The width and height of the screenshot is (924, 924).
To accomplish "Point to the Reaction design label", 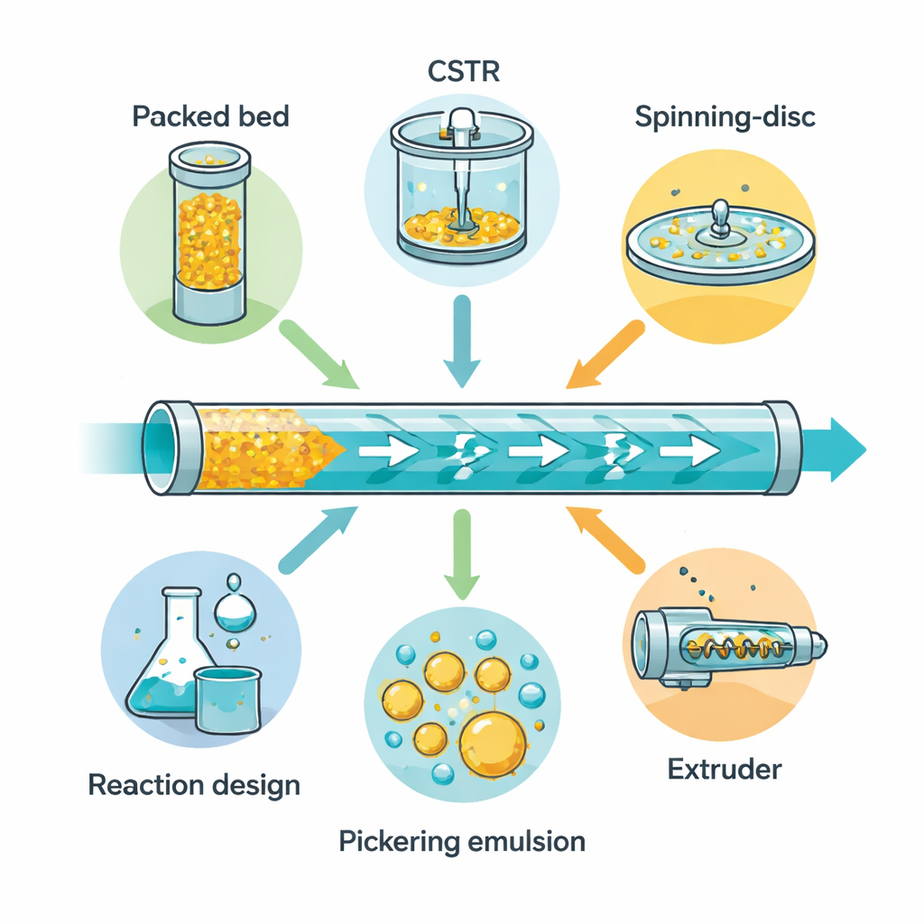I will [194, 784].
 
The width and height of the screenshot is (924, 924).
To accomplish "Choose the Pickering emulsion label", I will [462, 842].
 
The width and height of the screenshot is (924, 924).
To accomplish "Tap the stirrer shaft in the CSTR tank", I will [461, 180].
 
